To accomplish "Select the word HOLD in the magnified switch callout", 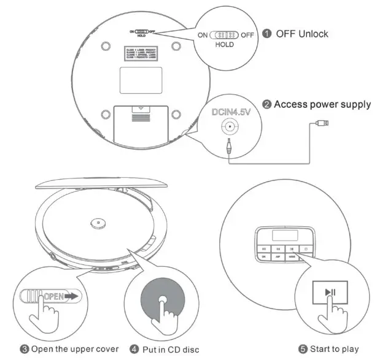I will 224,45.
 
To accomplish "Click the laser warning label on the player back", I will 141,52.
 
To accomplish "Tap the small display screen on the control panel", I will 284,234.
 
